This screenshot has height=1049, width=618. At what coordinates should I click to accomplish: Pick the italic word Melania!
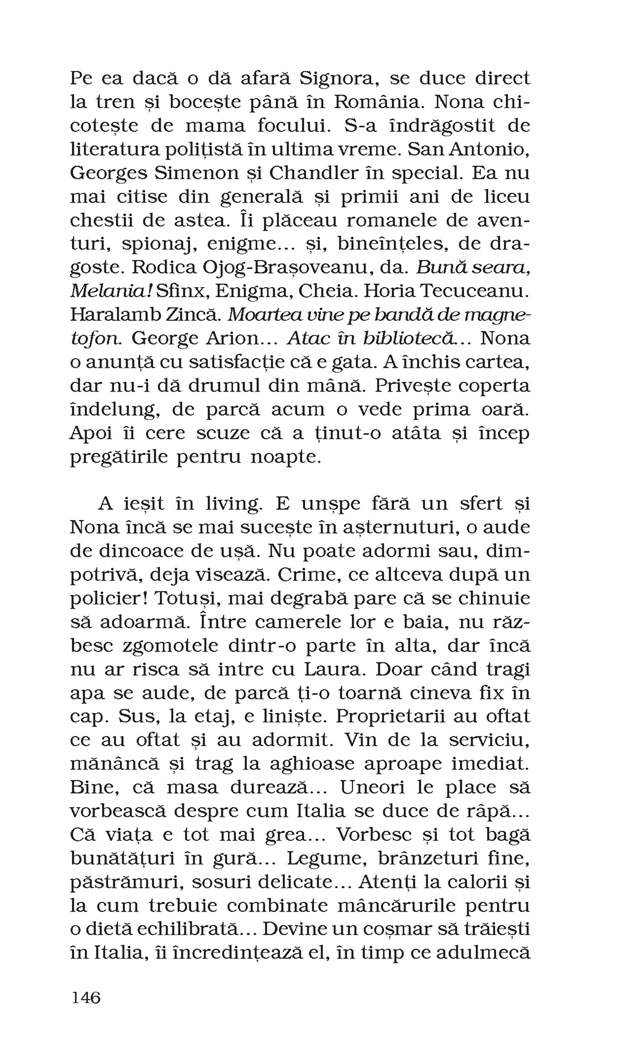(x=111, y=291)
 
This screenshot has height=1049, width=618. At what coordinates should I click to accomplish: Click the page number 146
(x=86, y=998)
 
